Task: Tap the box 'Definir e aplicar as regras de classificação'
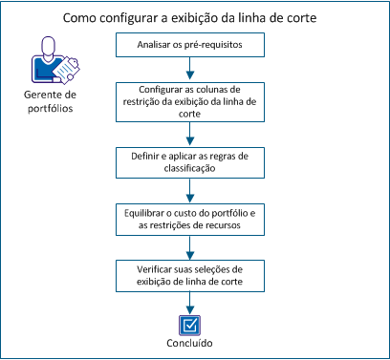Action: click(x=194, y=159)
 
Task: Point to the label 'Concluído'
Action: click(x=194, y=342)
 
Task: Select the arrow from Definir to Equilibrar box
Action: click(x=194, y=188)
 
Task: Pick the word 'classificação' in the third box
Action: click(x=194, y=166)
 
